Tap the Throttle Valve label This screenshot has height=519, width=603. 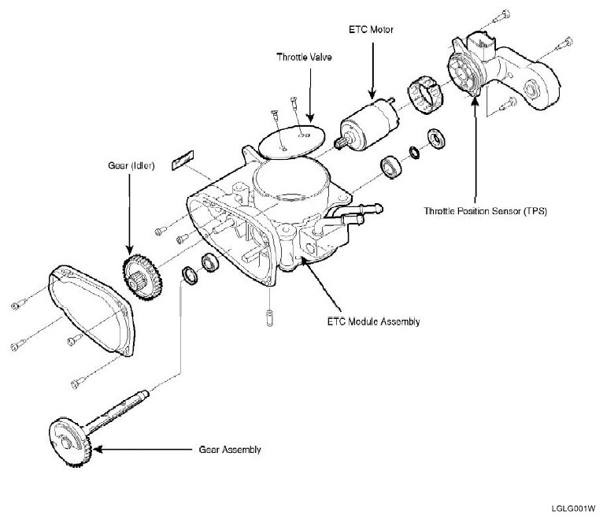point(301,57)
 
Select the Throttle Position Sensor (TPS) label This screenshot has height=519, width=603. point(474,211)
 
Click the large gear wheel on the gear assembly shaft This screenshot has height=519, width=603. point(70,445)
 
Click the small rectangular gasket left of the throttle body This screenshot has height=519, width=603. point(182,159)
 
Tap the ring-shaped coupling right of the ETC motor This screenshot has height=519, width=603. point(426,96)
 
